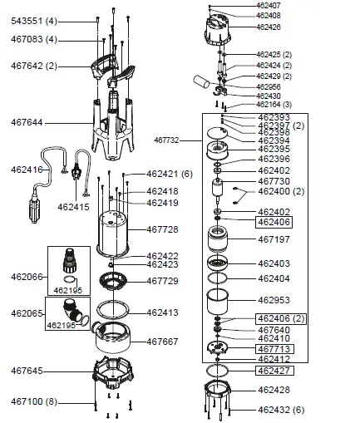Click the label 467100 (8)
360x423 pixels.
pyautogui.click(x=32, y=402)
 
